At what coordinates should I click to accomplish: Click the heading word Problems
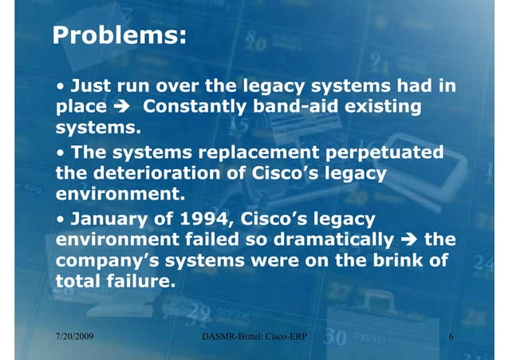119,36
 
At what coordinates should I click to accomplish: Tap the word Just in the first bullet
91,85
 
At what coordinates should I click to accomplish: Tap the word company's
103,259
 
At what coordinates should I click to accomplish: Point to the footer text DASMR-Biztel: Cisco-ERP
255,338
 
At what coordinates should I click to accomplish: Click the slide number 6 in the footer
451,338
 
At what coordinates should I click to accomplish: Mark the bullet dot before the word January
61,216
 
